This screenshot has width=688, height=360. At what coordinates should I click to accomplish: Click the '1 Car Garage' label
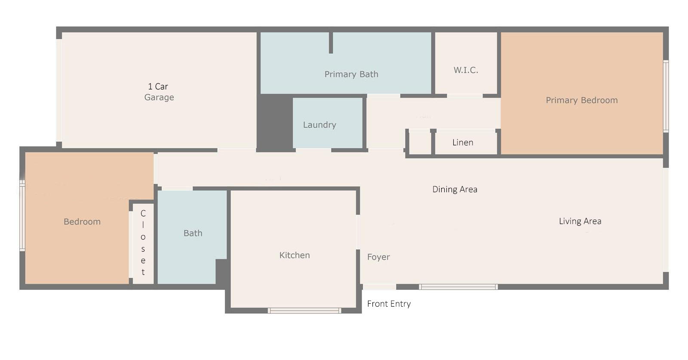[x=159, y=92]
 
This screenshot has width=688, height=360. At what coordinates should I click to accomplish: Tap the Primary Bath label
[x=351, y=74]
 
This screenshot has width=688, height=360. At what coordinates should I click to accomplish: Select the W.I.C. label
[x=466, y=70]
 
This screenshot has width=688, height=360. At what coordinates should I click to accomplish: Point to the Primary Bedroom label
[x=581, y=100]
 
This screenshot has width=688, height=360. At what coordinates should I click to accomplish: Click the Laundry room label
[x=319, y=125]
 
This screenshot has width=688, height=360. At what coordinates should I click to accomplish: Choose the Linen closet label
[x=463, y=142]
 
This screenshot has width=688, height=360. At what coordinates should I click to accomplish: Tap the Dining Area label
[x=455, y=189]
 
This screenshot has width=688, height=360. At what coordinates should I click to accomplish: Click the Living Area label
[x=580, y=221]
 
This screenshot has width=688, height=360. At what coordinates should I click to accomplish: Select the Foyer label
[x=378, y=257]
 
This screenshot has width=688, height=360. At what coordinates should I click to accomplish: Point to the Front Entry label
[x=389, y=304]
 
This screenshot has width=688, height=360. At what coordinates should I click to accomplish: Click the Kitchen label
[x=295, y=255]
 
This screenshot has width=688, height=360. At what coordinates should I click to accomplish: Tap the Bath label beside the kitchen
[x=193, y=233]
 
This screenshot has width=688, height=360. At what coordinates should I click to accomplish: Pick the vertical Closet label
[x=143, y=243]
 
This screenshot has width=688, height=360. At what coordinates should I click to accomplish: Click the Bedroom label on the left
[x=82, y=222]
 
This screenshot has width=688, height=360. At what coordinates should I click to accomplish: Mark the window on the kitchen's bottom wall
[x=304, y=311]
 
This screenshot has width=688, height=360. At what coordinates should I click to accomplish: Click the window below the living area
[x=458, y=287]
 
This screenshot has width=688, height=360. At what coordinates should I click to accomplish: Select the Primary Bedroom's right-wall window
[x=666, y=95]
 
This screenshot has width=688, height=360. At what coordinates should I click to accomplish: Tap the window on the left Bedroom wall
[x=22, y=215]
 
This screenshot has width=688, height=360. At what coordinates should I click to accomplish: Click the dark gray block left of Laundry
[x=274, y=123]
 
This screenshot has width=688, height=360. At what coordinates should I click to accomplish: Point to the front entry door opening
[x=379, y=287]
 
